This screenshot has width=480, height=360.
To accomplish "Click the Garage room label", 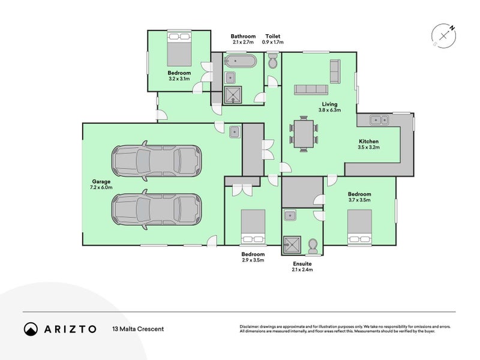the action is [101, 182].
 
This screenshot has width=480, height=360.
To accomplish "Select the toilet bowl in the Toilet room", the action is [272, 61].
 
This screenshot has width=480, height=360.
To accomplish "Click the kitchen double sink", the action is [379, 119].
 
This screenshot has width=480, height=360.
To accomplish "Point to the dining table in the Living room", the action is [304, 134].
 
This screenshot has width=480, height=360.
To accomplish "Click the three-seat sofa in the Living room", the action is [311, 89].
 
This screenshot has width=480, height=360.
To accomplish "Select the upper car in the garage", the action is [157, 161].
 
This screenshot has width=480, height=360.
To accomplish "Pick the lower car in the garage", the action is [157, 209].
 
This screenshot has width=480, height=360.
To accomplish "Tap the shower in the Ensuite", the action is [292, 245].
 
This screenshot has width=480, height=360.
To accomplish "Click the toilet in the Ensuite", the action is [313, 246].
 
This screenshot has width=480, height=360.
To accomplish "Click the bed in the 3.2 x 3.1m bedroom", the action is [179, 49].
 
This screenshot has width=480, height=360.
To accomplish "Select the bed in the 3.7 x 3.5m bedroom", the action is [359, 227].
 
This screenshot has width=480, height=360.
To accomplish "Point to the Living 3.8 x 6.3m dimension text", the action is [329, 110].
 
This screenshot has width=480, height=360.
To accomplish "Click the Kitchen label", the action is [368, 142].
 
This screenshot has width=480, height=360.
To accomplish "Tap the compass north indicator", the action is [452, 28].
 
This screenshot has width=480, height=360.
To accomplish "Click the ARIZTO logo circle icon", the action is [31, 329].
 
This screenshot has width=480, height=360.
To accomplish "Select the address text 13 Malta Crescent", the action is [138, 329].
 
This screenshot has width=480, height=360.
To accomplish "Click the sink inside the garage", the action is [235, 131].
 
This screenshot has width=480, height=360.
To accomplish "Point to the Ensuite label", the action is [302, 263].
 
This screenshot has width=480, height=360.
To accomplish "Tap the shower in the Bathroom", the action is [233, 95].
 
